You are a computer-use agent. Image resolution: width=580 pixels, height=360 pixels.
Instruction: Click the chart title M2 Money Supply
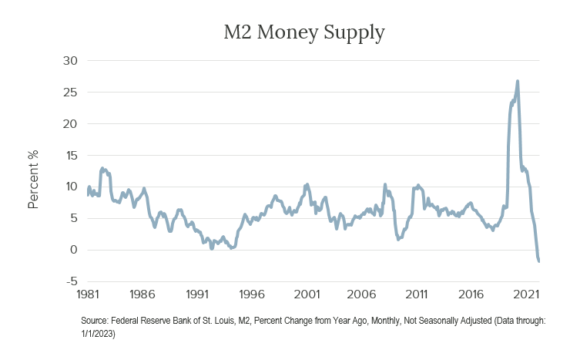[303, 33]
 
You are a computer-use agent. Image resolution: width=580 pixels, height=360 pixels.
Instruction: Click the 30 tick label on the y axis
[69, 60]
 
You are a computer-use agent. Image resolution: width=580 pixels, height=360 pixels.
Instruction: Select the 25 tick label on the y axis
[69, 92]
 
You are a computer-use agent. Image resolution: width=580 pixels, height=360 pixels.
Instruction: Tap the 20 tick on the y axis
[69, 123]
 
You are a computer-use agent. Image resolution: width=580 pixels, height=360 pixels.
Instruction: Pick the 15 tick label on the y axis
[70, 155]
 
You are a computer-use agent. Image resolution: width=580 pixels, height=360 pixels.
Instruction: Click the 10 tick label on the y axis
[70, 187]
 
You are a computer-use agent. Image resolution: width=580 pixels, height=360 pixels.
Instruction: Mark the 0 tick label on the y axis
[73, 250]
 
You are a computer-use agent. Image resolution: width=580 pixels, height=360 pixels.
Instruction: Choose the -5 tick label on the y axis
[71, 281]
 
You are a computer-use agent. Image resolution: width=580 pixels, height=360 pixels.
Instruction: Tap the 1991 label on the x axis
[196, 294]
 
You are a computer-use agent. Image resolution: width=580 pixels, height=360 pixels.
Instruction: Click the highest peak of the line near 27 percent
[518, 81]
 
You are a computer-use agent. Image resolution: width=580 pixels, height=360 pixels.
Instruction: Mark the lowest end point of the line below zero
[539, 261]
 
